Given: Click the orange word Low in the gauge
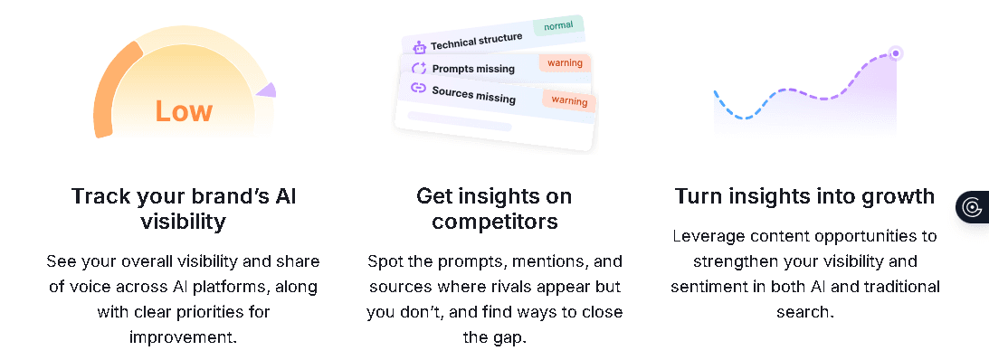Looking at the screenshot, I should [x=184, y=110].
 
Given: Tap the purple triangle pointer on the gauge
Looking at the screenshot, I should [x=267, y=90].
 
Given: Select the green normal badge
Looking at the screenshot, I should [x=558, y=25].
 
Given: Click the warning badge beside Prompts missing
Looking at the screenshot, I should [x=565, y=63].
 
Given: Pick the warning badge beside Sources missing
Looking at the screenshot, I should [x=569, y=99].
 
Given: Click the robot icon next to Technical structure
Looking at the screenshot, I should [x=419, y=47].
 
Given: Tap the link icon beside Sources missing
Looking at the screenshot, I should [x=418, y=89].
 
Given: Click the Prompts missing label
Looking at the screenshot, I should [x=473, y=69].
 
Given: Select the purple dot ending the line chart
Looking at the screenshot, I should [x=896, y=53].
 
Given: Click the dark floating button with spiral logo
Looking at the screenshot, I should [x=973, y=207].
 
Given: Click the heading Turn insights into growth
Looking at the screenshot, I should [x=804, y=196].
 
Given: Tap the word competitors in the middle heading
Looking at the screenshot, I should [x=494, y=222].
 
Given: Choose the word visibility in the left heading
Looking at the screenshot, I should [x=184, y=222].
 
